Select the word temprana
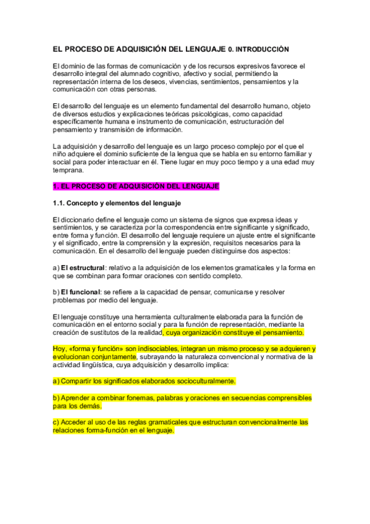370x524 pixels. pyautogui.click(x=67, y=170)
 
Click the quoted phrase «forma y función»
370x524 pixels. pyautogui.click(x=96, y=349)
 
